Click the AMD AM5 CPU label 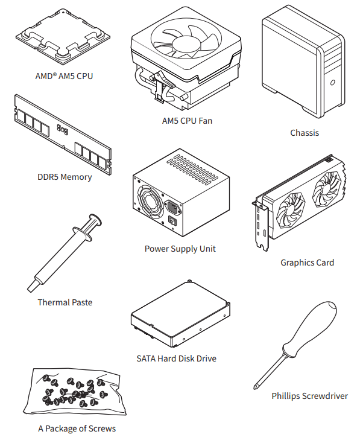point(64,76)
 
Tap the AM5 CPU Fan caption point(187,121)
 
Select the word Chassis point(305,133)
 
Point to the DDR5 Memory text point(65,177)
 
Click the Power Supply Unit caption point(180,249)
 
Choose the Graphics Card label point(307,263)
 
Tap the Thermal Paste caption point(65,302)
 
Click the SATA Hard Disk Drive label point(176,358)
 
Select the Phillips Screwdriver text point(309,396)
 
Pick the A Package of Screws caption point(77,428)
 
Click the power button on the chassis point(332,83)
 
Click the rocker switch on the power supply point(172,220)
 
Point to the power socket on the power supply point(173,208)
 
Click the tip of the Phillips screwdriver point(255,387)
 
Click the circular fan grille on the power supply point(150,202)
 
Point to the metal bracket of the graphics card point(261,226)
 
